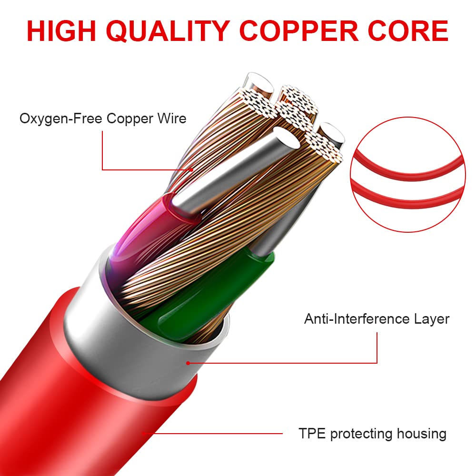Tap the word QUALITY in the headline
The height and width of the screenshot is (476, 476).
(x=168, y=31)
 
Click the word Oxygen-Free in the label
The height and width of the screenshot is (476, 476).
(x=61, y=119)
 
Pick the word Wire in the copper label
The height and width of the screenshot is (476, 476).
(x=172, y=118)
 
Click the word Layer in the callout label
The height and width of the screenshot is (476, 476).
(x=432, y=319)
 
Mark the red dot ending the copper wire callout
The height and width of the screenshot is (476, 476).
(x=191, y=170)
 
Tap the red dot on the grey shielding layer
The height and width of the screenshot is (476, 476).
(x=188, y=363)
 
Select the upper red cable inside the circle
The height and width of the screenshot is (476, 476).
(x=407, y=170)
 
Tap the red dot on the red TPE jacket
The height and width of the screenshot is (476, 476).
(x=143, y=433)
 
